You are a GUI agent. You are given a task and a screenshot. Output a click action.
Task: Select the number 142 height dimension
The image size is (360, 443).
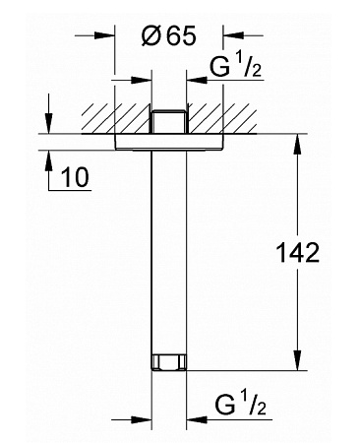tap(298, 253)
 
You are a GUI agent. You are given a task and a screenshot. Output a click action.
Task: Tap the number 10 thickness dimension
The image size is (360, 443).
tap(75, 177)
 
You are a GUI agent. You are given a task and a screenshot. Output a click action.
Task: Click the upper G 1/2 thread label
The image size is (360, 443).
tap(236, 66)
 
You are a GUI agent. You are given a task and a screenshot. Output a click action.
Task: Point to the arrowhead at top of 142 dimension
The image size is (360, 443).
tap(297, 144)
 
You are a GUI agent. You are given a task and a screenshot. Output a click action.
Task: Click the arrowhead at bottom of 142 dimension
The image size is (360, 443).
tap(297, 360)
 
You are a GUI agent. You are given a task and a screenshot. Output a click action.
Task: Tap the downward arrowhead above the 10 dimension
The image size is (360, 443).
tap(48, 123)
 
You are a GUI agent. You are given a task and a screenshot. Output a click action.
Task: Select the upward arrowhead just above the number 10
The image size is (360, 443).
tap(48, 160)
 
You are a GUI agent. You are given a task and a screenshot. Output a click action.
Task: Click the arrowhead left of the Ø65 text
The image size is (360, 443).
tap(104, 34)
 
